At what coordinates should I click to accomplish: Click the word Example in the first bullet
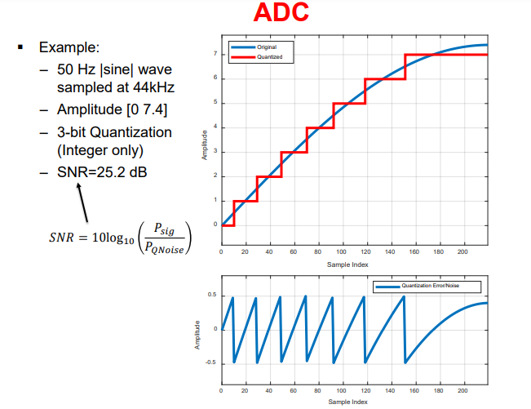(69, 47)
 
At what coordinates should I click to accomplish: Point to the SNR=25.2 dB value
(103, 173)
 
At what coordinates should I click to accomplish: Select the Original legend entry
(266, 48)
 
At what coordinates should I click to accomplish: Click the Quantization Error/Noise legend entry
(440, 287)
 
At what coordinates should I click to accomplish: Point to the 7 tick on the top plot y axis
(215, 55)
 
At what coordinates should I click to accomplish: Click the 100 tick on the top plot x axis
(342, 252)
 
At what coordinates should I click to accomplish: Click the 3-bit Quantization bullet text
(114, 132)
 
